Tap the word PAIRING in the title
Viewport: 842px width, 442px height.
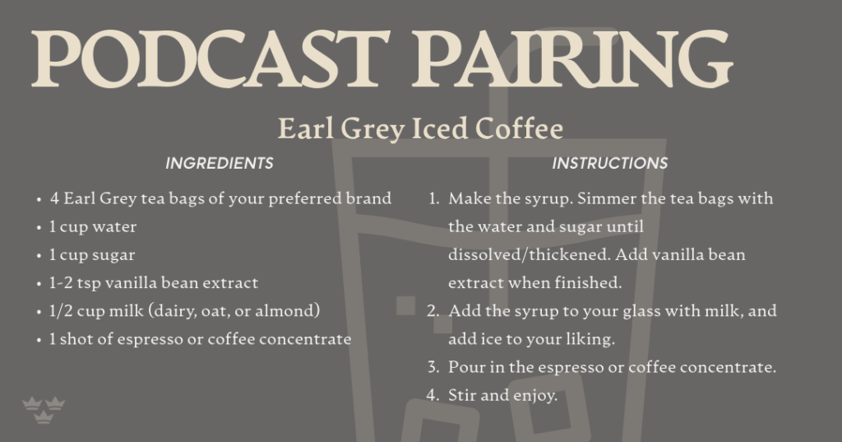[x=572, y=58]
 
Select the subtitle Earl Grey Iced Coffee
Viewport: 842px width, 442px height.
[x=420, y=129]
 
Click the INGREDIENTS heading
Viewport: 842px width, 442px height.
[x=219, y=163]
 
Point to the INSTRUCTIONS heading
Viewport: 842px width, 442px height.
[x=610, y=163]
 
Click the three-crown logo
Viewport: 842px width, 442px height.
[x=44, y=410]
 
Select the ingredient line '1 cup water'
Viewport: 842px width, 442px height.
[x=93, y=227]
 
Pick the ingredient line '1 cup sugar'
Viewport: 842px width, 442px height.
[x=92, y=255]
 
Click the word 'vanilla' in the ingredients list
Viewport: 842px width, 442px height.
[x=131, y=283]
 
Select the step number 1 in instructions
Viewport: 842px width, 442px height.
[x=433, y=199]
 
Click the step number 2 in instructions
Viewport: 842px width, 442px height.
[x=433, y=311]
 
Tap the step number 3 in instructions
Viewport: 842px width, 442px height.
[x=433, y=367]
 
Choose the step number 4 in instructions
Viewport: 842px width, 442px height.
[x=433, y=395]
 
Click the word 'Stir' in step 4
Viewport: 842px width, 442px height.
[x=461, y=395]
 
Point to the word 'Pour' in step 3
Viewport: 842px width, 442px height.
[x=465, y=367]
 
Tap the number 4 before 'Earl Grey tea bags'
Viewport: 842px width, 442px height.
[x=54, y=199]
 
